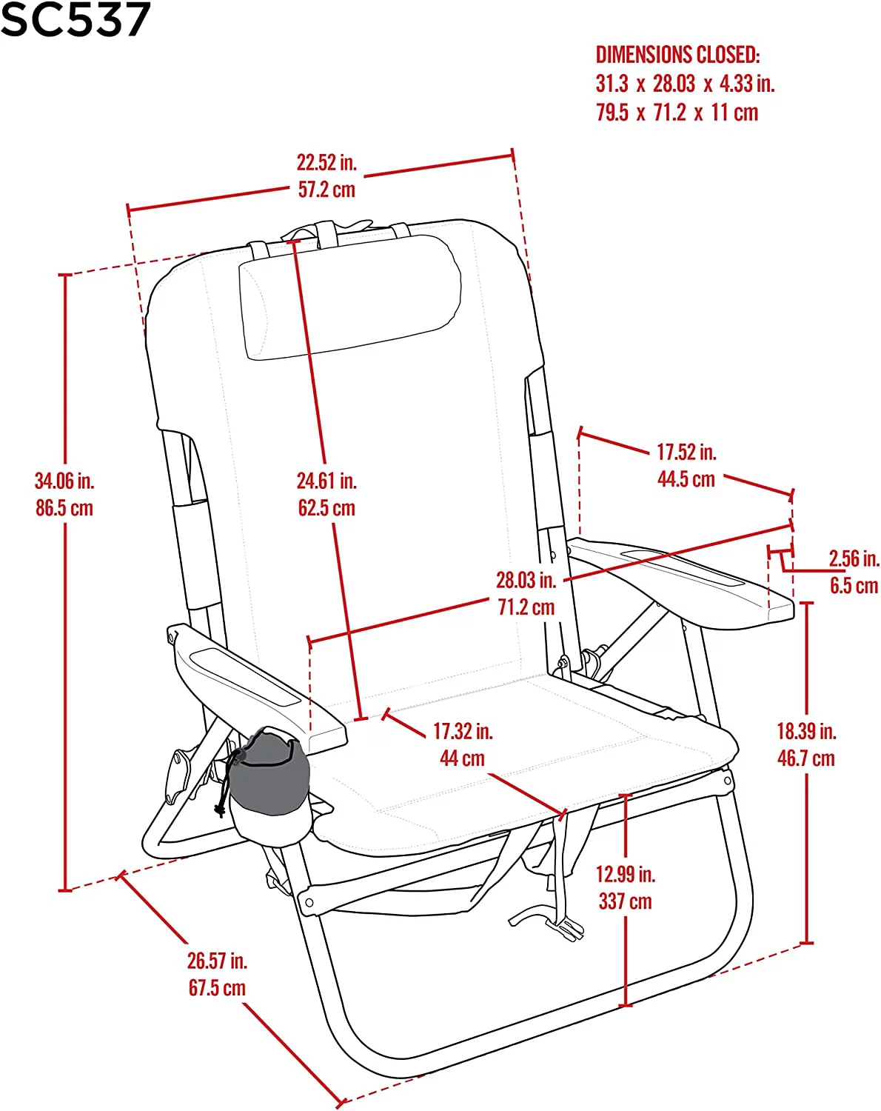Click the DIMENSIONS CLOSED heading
[x=677, y=55]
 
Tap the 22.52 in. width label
[x=326, y=163]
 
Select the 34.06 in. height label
[x=64, y=481]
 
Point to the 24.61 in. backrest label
[x=326, y=481]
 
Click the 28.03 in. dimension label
[x=526, y=580]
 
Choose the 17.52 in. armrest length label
[x=686, y=452]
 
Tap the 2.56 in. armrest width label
[x=854, y=558]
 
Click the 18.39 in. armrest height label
[x=806, y=731]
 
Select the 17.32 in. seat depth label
[x=463, y=731]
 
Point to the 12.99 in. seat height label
[x=626, y=874]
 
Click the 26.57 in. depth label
[x=217, y=961]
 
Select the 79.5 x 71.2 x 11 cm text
[x=677, y=113]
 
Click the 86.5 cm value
[x=64, y=508]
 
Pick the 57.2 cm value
[x=326, y=190]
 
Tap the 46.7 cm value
[x=806, y=758]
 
